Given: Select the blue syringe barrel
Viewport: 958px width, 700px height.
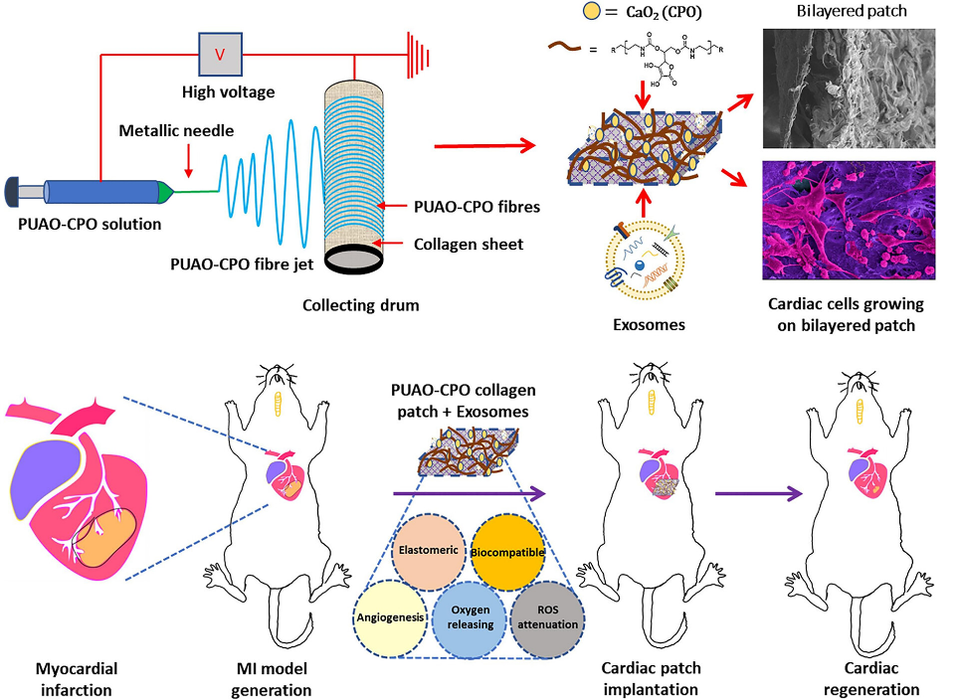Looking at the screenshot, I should (x=98, y=190).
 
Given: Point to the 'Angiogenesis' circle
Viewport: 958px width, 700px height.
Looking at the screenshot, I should (x=391, y=615).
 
